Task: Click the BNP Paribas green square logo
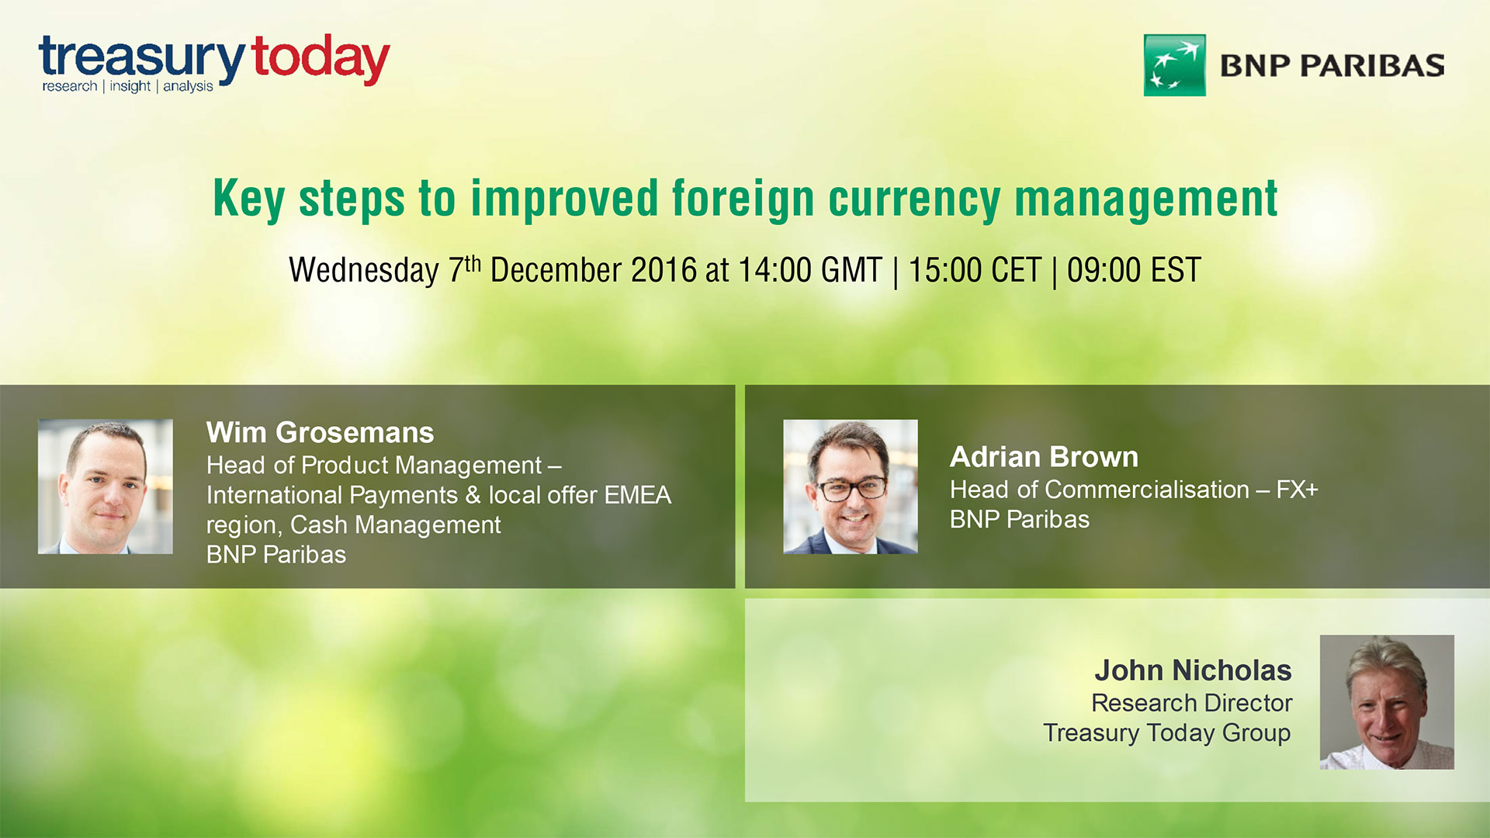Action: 1174,65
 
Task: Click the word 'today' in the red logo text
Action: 321,59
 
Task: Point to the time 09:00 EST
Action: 1134,271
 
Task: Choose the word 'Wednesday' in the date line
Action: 363,271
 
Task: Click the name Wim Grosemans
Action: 320,432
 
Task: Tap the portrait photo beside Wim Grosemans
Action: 106,487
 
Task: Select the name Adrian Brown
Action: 1044,457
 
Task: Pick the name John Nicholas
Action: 1193,670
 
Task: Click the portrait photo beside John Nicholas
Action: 1387,702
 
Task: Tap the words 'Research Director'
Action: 1191,703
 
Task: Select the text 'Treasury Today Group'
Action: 1166,733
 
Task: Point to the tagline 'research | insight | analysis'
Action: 127,86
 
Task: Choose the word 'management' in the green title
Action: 1145,199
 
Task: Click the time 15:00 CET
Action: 974,271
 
